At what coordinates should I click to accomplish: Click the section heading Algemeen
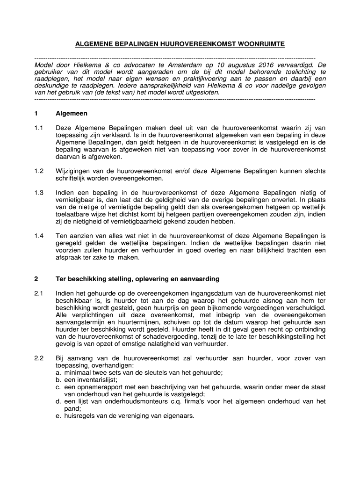(x=72, y=114)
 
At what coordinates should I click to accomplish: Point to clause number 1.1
(x=39, y=128)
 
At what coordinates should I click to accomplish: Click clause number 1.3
(x=39, y=192)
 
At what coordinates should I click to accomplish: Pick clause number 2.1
(x=39, y=294)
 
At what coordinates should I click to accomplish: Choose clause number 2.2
(x=39, y=358)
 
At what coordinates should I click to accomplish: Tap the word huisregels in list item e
(x=80, y=416)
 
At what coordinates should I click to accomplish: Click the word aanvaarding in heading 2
(x=200, y=279)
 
